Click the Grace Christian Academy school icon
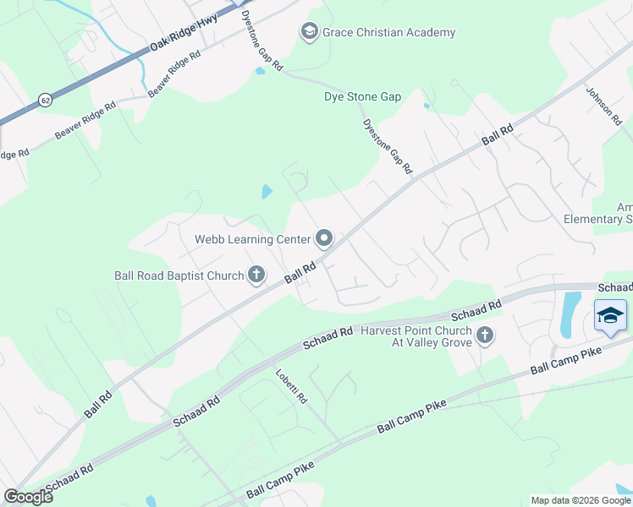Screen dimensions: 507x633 click(309, 32)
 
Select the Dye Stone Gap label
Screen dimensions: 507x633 click(362, 97)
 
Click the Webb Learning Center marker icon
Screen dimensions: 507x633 click(324, 239)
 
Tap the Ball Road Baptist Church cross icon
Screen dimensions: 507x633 click(256, 275)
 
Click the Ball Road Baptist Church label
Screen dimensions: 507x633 click(179, 275)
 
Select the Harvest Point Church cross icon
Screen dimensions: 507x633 click(485, 335)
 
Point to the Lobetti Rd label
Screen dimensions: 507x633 click(290, 386)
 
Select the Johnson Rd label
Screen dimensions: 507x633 click(603, 105)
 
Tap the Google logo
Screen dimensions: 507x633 click(28, 497)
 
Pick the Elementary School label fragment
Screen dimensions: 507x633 click(597, 219)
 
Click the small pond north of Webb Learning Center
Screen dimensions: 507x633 click(267, 192)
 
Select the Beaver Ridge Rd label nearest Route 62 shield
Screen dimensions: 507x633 click(85, 122)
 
